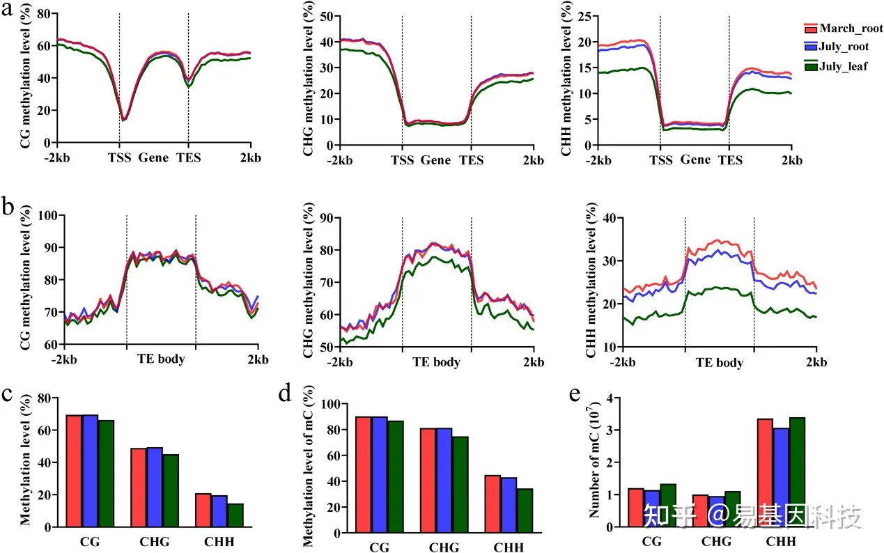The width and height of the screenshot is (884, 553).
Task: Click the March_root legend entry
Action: [x=851, y=29]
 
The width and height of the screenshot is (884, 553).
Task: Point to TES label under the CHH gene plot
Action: [x=730, y=159]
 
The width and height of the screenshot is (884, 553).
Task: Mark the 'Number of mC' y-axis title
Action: [x=594, y=462]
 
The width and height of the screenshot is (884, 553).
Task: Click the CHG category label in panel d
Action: [x=444, y=547]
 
